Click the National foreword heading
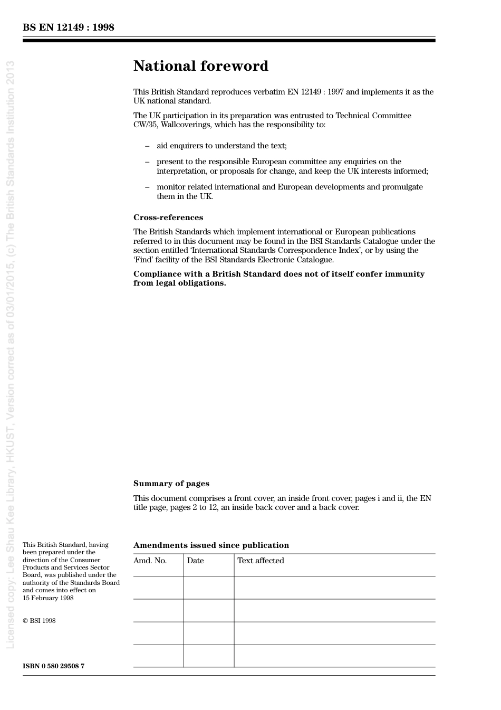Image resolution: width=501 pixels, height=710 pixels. (x=200, y=66)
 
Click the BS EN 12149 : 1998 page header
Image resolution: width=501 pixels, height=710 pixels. (x=68, y=27)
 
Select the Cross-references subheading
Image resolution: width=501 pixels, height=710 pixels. (x=168, y=217)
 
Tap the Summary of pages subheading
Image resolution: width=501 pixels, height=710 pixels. (x=171, y=484)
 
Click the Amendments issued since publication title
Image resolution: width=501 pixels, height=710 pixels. (x=211, y=545)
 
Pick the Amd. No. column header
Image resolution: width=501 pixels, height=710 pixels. (x=150, y=561)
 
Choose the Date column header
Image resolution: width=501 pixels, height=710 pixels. (x=195, y=561)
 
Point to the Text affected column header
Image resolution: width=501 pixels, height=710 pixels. (x=261, y=561)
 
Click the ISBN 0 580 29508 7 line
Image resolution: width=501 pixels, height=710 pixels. (x=53, y=666)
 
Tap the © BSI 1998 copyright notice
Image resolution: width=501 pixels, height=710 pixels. (x=39, y=621)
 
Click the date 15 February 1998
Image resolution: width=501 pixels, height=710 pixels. (x=48, y=598)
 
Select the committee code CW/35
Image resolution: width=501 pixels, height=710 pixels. (x=144, y=125)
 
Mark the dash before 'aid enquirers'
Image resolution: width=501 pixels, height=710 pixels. (x=147, y=146)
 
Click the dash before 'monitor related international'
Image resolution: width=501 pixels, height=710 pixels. (x=147, y=187)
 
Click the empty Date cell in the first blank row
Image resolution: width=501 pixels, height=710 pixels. (x=209, y=588)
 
